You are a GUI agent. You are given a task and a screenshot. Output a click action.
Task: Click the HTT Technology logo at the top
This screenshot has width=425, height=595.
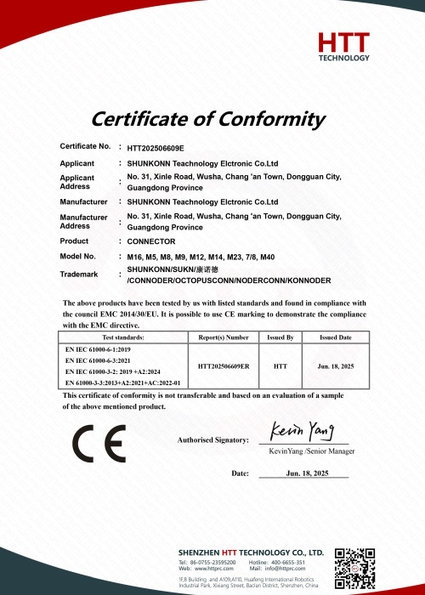pos(343,46)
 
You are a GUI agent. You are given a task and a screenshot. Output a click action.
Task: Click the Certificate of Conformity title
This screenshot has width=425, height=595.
pos(208,118)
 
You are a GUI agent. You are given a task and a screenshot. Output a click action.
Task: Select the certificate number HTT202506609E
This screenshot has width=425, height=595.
pos(156,147)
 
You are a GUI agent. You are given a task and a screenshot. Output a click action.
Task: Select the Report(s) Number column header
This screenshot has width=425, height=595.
pos(224,337)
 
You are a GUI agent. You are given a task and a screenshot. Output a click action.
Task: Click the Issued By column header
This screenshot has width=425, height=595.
pos(280,337)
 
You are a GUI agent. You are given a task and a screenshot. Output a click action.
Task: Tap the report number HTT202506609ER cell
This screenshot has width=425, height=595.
pos(224,365)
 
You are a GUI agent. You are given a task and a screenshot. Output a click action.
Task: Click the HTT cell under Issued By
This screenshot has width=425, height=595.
pos(280,365)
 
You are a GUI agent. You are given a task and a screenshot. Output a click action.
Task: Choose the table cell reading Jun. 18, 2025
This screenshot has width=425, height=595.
pos(335,365)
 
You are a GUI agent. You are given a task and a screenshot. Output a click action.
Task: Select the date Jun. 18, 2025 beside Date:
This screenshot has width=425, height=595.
pos(307,473)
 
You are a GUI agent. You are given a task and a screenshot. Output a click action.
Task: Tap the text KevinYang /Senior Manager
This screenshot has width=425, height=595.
pos(311,450)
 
